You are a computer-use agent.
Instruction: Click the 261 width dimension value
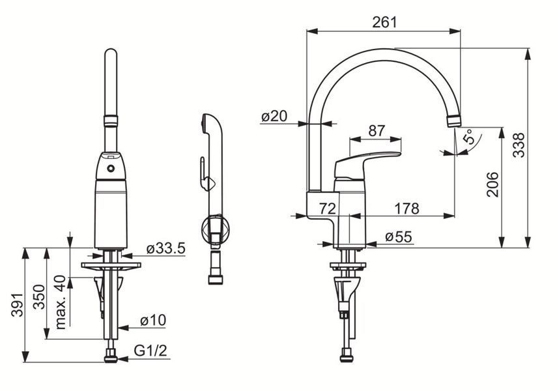(384, 22)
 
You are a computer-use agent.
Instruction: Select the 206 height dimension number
(493, 184)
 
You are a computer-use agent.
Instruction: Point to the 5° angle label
(469, 136)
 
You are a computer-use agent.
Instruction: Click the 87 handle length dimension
(377, 131)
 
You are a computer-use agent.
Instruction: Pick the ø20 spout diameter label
(274, 116)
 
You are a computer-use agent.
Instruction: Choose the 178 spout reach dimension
(407, 209)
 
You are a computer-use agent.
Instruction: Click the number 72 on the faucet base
(327, 209)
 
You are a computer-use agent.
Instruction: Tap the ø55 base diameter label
(399, 237)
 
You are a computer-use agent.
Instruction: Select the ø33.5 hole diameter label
(166, 248)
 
